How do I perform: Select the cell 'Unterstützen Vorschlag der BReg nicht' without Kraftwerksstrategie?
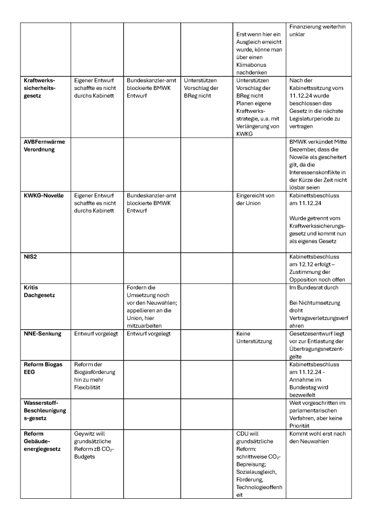pyautogui.click(x=203, y=88)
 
